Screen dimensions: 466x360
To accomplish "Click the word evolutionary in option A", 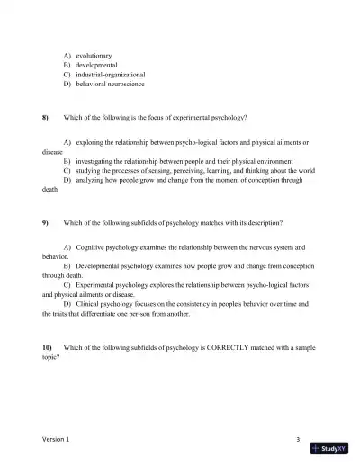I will tap(96, 56).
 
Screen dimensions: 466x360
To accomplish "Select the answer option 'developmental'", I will tap(99, 65).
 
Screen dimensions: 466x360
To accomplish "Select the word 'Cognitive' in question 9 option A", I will tap(93, 246).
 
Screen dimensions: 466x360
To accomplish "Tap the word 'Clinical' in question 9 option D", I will tap(90, 304).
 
